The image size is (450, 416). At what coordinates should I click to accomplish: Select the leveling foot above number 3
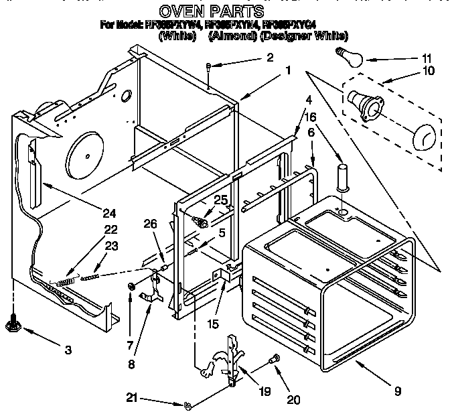(x=13, y=326)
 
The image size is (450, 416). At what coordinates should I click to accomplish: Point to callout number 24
(x=108, y=214)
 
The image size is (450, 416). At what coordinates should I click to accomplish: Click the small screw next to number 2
(x=210, y=66)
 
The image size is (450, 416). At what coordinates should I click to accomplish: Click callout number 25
(x=221, y=199)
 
